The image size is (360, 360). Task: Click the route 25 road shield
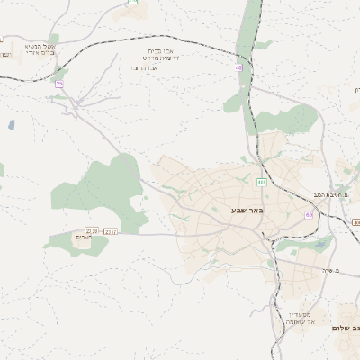pos(60,83)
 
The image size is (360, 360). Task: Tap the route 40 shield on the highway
pos(239,67)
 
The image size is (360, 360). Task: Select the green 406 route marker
pos(261,182)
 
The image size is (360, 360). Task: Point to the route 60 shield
pos(309,215)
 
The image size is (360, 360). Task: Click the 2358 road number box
pos(91,231)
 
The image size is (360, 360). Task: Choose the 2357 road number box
pos(111,231)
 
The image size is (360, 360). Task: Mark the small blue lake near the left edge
pos(11,125)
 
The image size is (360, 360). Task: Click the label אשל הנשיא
pos(40,46)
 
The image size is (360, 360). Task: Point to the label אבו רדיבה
pos(144,67)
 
